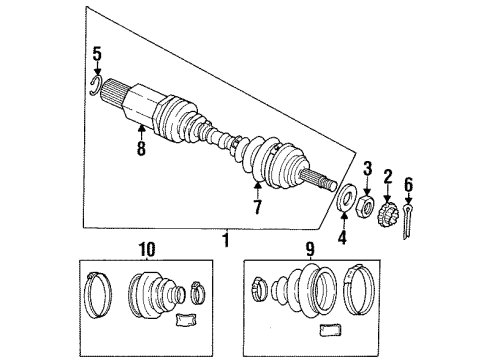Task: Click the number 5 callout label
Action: coord(96,53)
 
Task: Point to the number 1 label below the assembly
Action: coord(225,240)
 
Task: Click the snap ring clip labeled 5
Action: coord(95,83)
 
